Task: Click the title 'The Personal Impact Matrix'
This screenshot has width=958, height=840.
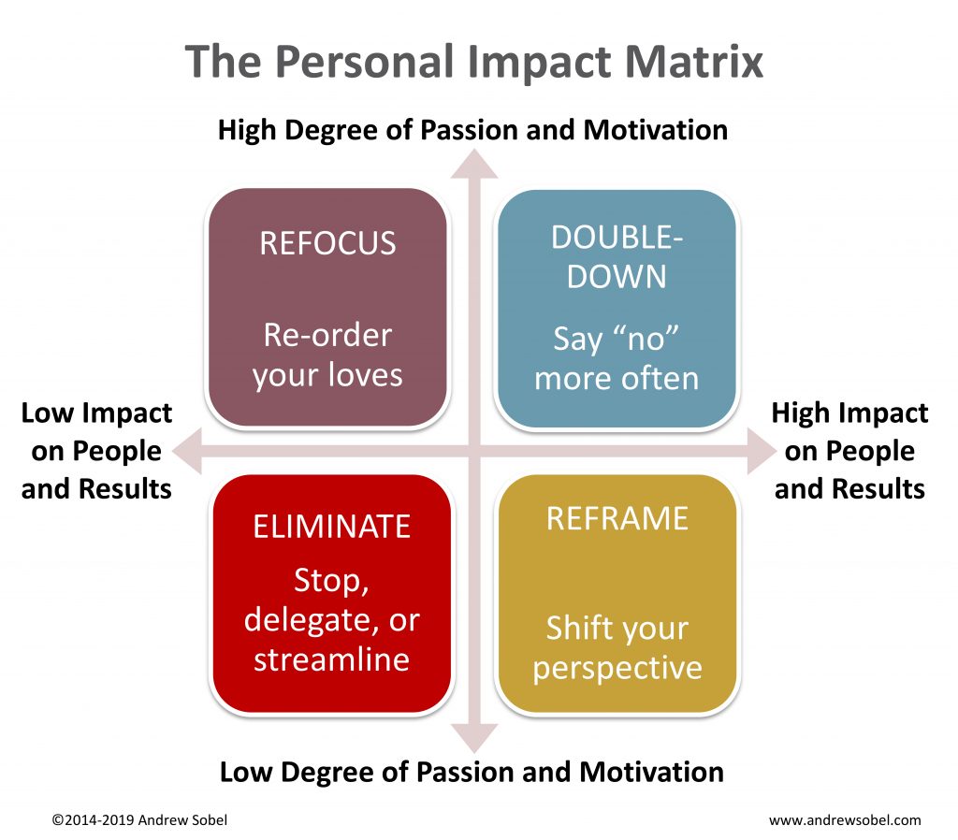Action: [x=474, y=63]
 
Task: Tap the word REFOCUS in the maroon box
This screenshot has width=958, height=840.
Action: [x=328, y=243]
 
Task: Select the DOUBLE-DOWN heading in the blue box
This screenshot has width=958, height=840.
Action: [x=617, y=257]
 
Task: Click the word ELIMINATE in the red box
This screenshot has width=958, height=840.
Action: [x=332, y=527]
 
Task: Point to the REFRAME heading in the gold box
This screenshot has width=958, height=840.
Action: [x=617, y=518]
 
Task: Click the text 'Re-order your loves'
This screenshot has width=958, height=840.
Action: [x=328, y=355]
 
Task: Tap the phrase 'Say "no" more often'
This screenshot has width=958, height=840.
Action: [x=617, y=358]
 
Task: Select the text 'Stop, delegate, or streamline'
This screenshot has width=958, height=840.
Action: [x=332, y=620]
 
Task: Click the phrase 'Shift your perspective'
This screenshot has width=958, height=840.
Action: [x=617, y=648]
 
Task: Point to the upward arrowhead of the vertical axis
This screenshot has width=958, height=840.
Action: [x=474, y=164]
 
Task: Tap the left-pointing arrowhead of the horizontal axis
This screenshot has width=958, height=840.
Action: [x=187, y=452]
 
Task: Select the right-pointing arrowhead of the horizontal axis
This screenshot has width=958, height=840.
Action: [x=762, y=452]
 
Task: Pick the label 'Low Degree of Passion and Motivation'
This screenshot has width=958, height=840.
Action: [x=472, y=773]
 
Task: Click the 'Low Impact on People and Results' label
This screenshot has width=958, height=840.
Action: [x=96, y=451]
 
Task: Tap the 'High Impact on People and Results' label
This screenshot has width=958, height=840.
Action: [x=849, y=451]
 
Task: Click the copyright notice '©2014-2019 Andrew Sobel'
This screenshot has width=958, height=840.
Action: [x=139, y=819]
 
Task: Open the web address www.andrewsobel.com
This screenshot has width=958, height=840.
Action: [x=845, y=820]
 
